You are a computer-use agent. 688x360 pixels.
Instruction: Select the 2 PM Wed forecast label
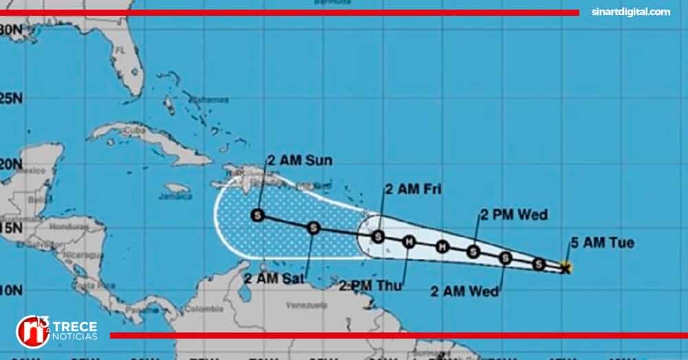[514, 215]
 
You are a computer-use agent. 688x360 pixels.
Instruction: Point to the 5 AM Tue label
[602, 243]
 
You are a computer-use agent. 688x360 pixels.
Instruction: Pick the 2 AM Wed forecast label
[465, 291]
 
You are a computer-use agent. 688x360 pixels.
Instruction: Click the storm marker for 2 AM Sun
[258, 215]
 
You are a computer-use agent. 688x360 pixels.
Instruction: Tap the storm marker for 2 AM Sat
[313, 227]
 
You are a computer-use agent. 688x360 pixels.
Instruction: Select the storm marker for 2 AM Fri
[378, 237]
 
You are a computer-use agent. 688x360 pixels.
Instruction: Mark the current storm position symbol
[566, 268]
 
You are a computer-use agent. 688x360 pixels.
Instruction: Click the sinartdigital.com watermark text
[631, 12]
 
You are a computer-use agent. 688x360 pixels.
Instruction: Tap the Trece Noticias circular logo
[32, 331]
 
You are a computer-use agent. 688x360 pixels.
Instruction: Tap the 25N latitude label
[12, 98]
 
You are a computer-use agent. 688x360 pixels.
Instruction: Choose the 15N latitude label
[12, 228]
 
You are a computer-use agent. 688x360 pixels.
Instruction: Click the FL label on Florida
[120, 50]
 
